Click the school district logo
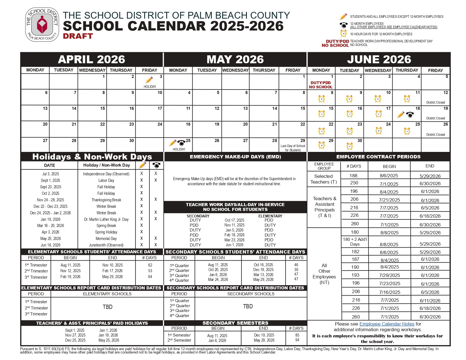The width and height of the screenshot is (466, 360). click(42, 25)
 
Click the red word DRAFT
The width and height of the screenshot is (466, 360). click(78, 36)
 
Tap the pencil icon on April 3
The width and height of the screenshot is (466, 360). click(149, 80)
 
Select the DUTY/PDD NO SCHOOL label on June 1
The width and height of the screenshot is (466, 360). click(321, 85)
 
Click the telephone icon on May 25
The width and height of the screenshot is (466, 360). click(181, 143)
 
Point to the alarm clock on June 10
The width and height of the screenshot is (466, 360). click(378, 99)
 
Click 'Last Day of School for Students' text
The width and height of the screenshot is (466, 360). click(293, 148)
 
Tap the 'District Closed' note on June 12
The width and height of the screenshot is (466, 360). click(435, 102)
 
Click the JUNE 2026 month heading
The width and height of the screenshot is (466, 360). click(379, 60)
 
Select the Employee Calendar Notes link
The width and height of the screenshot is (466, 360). click(387, 324)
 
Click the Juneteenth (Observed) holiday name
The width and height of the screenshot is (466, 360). click(106, 245)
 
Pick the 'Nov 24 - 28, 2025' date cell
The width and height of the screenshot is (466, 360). click(50, 200)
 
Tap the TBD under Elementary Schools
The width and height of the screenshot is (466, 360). click(107, 307)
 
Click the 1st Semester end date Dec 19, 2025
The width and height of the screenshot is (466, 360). click(264, 335)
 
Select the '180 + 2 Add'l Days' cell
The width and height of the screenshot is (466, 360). click(355, 242)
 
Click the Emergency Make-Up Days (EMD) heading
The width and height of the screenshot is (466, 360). click(235, 157)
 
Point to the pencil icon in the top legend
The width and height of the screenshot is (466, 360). click(343, 16)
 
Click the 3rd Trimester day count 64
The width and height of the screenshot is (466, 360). click(150, 277)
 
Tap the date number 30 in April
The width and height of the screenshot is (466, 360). click(131, 141)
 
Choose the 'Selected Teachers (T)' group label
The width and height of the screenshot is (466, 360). click(324, 179)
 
